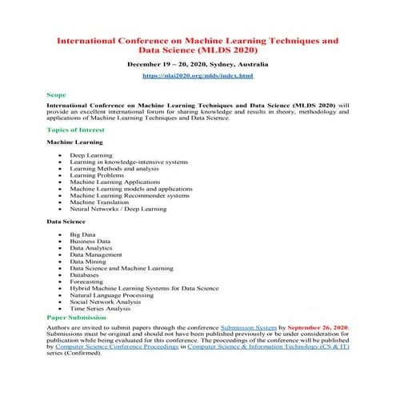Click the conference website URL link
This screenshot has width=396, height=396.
[198, 76]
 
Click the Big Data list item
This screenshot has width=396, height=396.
[82, 234]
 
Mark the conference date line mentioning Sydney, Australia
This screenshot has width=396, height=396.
[198, 63]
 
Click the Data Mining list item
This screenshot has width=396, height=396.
[87, 261]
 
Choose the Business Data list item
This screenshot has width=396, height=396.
[90, 241]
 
